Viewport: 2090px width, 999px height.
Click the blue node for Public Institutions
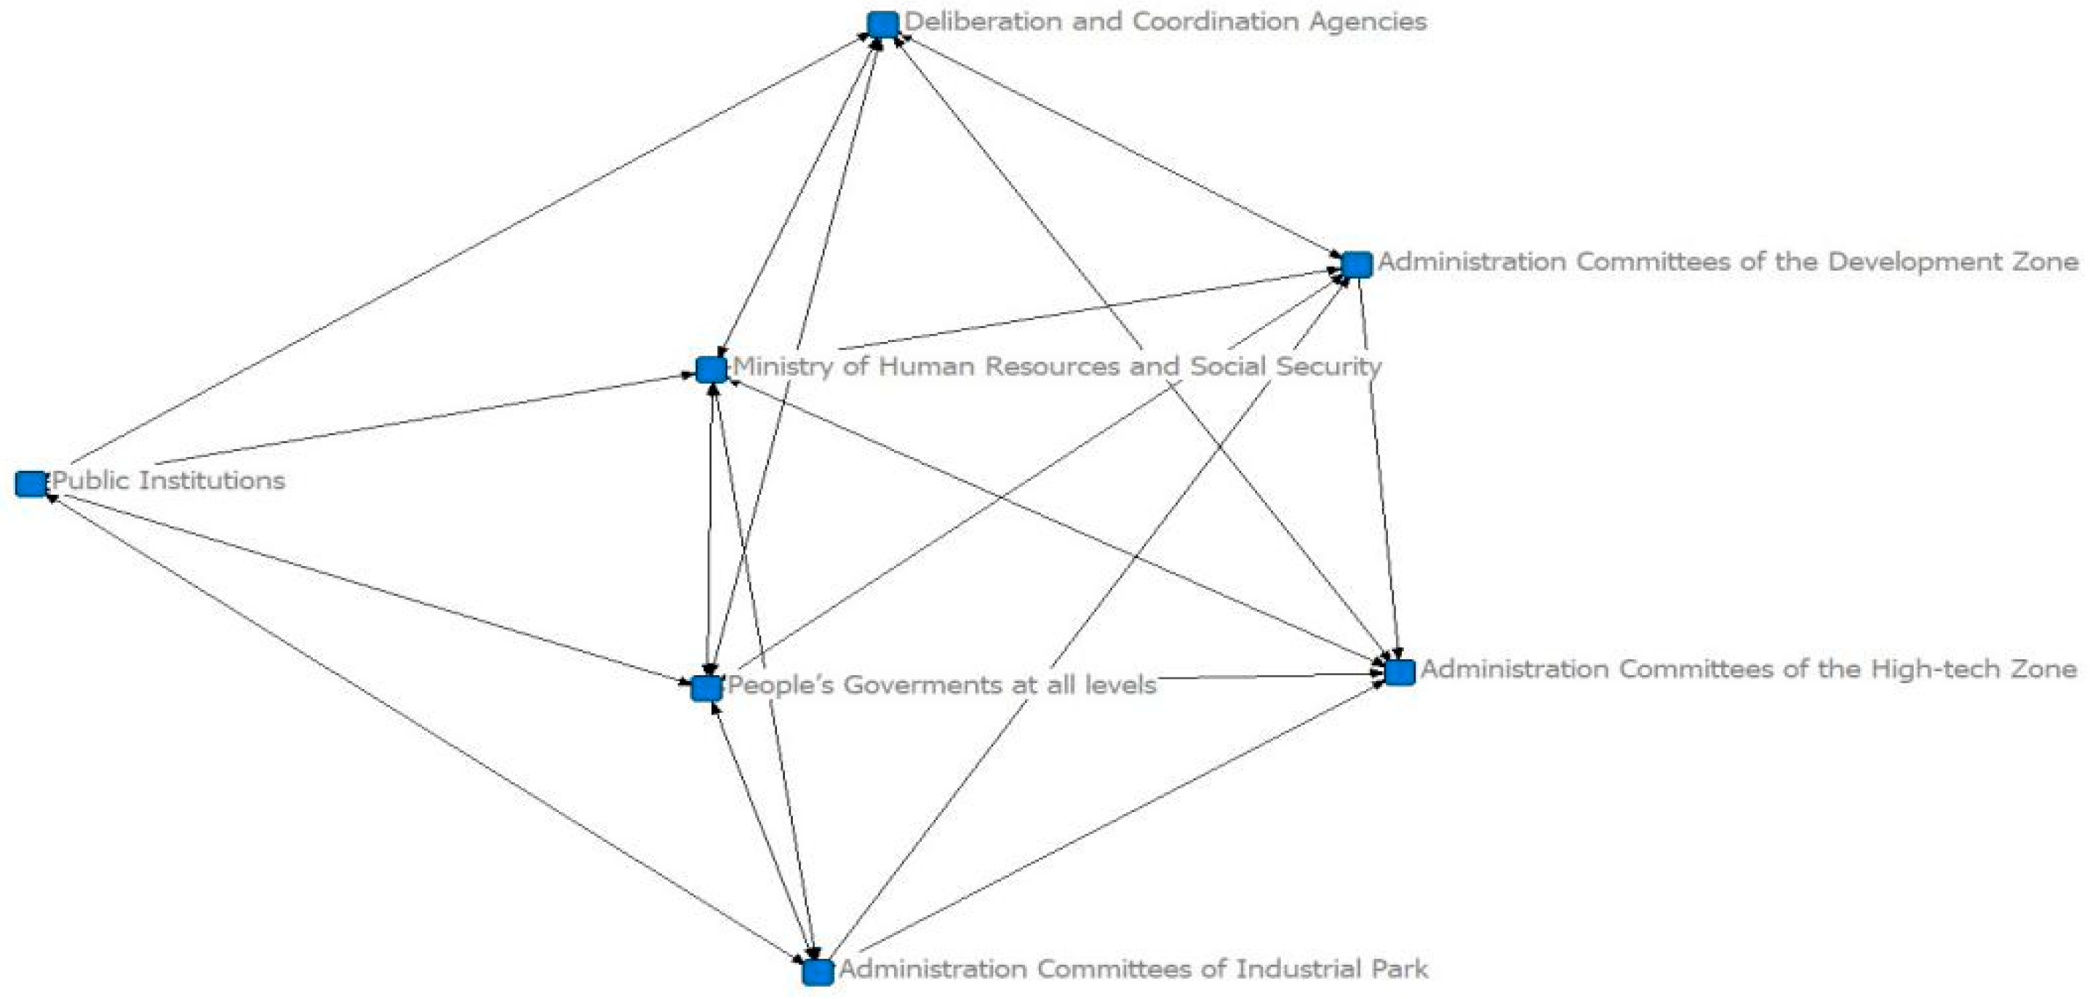point(31,484)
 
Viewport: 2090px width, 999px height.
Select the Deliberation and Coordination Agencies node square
point(882,24)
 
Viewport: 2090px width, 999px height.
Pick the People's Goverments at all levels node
point(706,689)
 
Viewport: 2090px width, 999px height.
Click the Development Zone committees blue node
point(1357,265)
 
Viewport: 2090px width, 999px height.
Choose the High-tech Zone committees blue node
point(1400,672)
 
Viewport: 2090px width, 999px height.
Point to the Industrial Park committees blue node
point(818,971)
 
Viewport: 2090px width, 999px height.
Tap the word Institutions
point(212,479)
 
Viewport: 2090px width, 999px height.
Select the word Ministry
point(783,367)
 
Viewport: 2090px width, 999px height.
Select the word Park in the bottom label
point(1400,969)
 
